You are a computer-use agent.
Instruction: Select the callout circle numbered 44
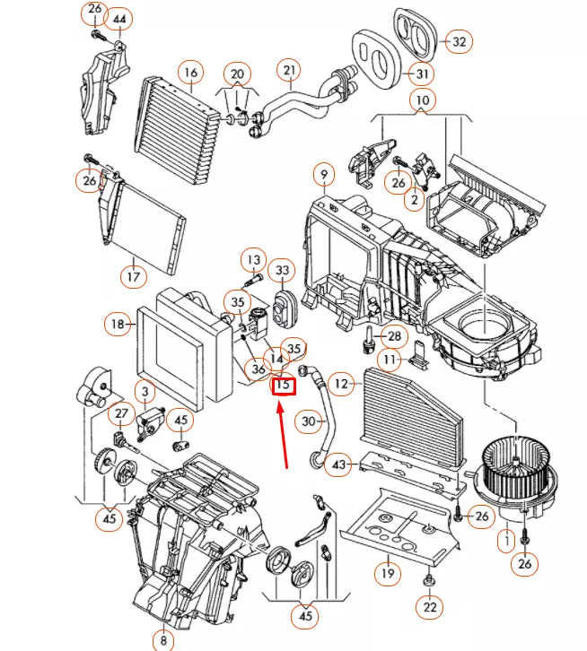click(120, 19)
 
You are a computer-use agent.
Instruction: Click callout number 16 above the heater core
click(189, 72)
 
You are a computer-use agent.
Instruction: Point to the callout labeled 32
click(459, 41)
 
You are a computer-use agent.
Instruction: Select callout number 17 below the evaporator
click(132, 276)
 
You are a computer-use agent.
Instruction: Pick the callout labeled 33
click(283, 270)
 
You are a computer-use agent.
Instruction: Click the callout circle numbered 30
click(309, 421)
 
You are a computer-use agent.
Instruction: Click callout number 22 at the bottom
click(431, 608)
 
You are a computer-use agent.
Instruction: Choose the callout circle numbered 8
click(163, 639)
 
